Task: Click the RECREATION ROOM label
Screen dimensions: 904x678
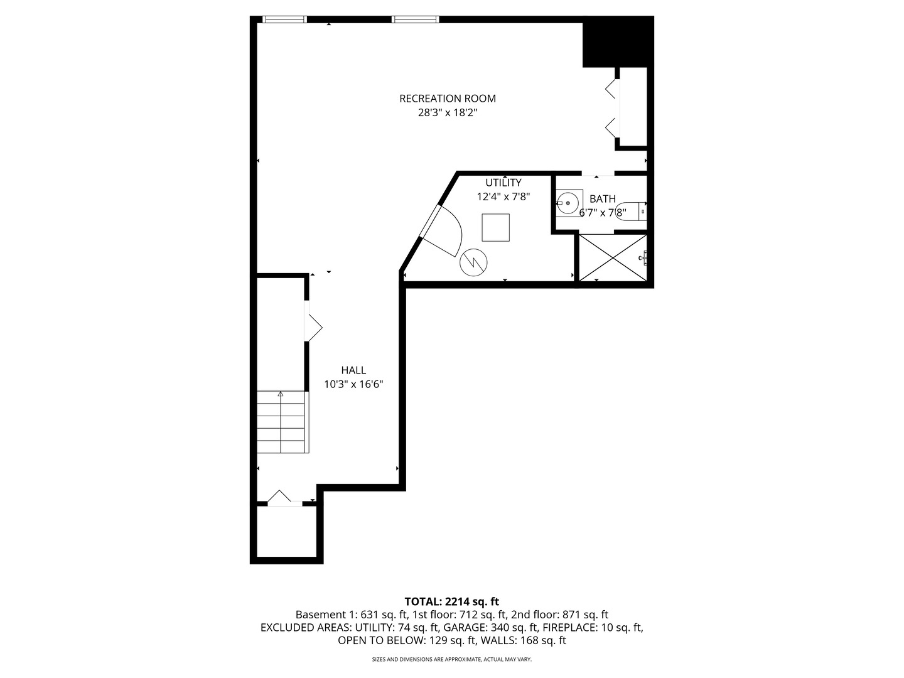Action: [447, 99]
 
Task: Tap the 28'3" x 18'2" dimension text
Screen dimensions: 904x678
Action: [447, 112]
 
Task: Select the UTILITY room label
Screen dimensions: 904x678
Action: [503, 182]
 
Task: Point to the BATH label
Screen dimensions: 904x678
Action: [603, 199]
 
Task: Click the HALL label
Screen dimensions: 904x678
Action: [353, 370]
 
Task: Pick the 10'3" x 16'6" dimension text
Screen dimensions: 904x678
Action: [353, 384]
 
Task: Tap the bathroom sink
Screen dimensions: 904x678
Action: [569, 203]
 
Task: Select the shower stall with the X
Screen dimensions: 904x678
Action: [613, 257]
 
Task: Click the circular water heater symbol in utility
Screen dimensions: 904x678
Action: [473, 262]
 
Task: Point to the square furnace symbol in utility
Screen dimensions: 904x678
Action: [495, 227]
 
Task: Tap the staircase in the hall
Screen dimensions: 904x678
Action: [282, 422]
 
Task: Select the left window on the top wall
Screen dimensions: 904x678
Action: [284, 19]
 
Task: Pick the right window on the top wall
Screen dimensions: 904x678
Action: [415, 19]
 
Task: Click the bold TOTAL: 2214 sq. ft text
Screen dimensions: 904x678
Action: [452, 601]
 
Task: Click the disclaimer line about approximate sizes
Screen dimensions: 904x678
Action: [452, 659]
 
